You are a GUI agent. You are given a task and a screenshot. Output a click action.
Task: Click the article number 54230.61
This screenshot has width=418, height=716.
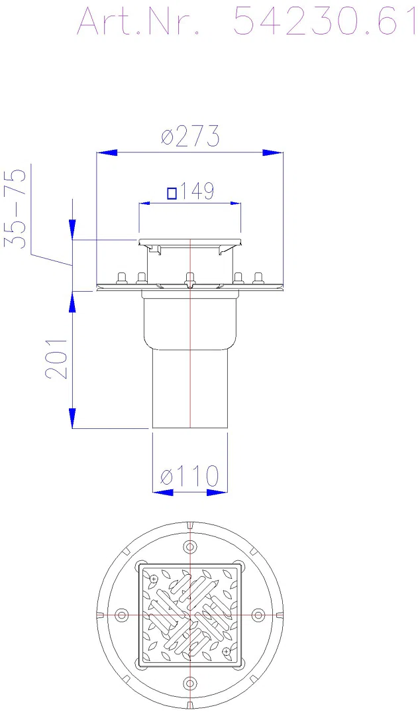tap(325, 21)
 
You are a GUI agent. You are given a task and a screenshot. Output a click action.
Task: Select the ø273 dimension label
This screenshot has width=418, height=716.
tap(190, 136)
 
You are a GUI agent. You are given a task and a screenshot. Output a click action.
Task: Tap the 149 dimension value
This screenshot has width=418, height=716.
tap(196, 192)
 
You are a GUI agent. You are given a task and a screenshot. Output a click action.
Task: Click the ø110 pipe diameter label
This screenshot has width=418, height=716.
tap(190, 476)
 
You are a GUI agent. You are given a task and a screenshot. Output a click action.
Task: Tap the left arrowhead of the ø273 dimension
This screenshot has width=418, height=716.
tap(107, 152)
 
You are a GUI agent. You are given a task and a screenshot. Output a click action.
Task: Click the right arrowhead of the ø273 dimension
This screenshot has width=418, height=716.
tap(272, 152)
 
